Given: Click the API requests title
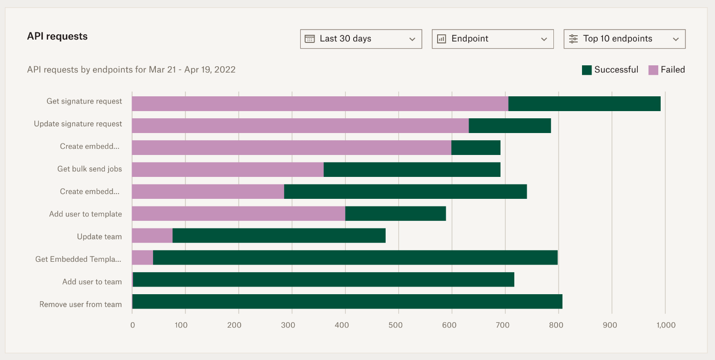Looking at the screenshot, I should click(57, 36).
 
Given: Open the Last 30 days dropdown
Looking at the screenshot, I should click(361, 39).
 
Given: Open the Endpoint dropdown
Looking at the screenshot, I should click(492, 39).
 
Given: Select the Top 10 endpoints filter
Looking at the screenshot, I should click(624, 39).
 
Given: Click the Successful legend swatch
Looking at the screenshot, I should click(587, 70).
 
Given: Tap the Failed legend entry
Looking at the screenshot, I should click(667, 70).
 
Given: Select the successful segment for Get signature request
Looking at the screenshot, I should click(584, 103).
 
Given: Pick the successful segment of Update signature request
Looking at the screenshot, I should click(510, 126).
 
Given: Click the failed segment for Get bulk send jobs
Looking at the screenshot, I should click(228, 170).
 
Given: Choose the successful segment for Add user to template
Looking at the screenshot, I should click(395, 214).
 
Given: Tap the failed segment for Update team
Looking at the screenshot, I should click(152, 236).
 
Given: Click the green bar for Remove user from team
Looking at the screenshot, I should click(347, 301).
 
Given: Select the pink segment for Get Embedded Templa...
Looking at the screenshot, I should click(143, 257).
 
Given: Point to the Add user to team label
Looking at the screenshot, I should click(92, 282).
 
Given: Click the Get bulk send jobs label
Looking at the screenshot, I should click(90, 169).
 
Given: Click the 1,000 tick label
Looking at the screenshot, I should click(665, 325).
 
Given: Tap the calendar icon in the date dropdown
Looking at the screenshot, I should click(310, 39).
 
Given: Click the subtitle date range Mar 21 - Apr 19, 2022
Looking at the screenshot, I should click(192, 70).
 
